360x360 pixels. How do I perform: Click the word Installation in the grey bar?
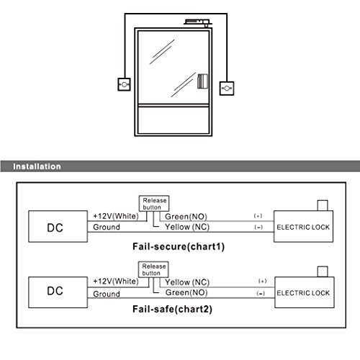(x=37, y=166)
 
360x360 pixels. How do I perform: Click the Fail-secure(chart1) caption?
(x=179, y=247)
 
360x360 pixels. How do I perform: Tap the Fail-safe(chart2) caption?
(x=172, y=309)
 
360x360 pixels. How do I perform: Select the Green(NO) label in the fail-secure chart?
(x=186, y=217)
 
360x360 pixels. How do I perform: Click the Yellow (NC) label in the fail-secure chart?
(x=187, y=227)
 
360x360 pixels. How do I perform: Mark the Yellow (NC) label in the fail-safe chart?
(x=187, y=282)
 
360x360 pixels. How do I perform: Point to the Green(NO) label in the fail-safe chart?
(x=186, y=292)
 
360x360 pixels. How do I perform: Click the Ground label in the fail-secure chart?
(x=107, y=227)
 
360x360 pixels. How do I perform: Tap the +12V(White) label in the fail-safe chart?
(x=116, y=282)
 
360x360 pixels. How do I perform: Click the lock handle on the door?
(x=202, y=81)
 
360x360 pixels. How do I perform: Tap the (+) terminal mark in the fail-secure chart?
(x=258, y=216)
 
